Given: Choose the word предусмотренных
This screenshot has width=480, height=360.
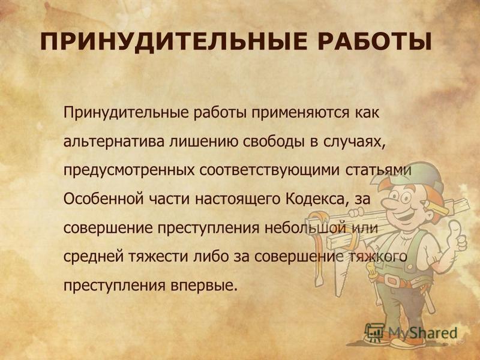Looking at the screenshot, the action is (129, 171).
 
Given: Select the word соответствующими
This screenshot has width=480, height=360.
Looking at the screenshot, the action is (269, 171).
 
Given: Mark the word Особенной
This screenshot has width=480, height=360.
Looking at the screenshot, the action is (103, 199).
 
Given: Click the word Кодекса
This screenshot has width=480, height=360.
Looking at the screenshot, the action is (317, 199).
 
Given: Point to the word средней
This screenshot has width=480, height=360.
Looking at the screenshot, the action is (93, 257).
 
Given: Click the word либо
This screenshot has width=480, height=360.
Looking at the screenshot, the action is (211, 257).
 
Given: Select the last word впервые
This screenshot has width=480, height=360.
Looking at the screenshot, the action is (203, 286).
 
